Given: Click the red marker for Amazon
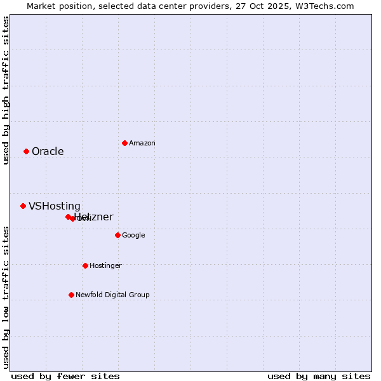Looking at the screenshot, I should click(124, 143).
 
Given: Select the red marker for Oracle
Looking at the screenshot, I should click(26, 151).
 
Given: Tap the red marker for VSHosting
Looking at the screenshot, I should click(23, 206).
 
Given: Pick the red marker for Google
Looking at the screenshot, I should click(117, 235).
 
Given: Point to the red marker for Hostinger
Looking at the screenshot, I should click(85, 265).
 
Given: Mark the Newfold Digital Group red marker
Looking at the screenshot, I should click(71, 295).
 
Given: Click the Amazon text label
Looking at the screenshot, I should click(142, 144).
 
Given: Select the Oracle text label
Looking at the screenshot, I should click(48, 151).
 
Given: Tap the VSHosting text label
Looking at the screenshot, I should click(55, 206).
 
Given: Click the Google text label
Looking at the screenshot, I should click(133, 235).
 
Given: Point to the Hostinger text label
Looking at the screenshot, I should click(105, 265).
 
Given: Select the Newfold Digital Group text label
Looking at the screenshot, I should click(112, 295).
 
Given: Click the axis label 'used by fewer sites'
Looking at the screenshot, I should click(65, 376).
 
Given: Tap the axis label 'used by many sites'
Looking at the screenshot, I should click(319, 376).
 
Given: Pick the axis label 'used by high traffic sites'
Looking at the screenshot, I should click(6, 90).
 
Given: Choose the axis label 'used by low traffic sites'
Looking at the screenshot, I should click(6, 297).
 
